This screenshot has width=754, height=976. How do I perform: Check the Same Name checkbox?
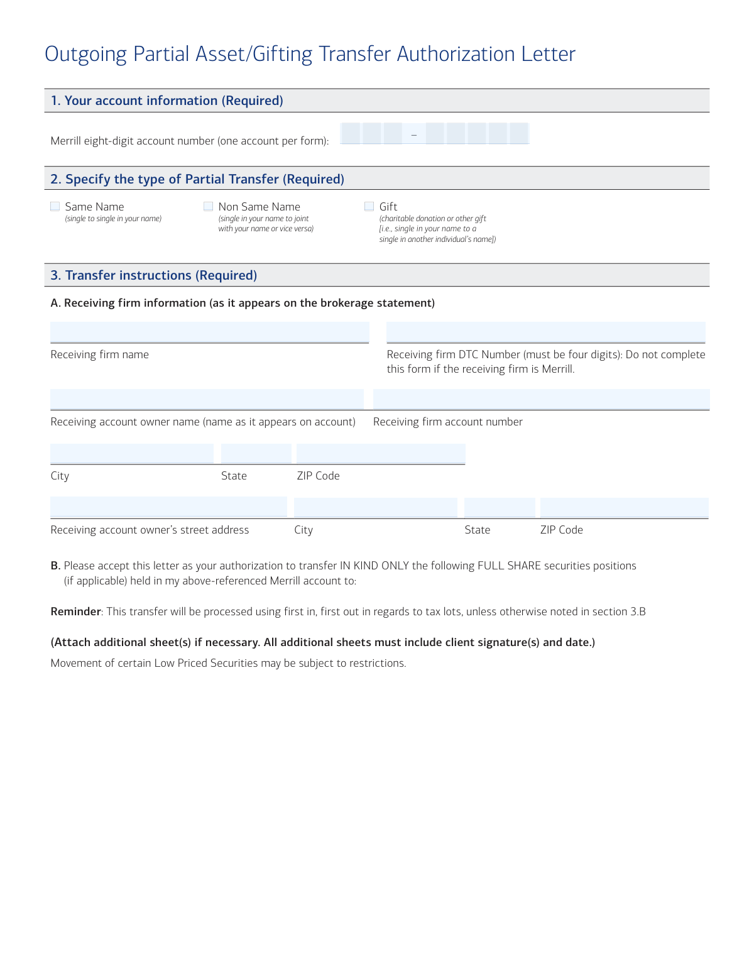(x=55, y=207)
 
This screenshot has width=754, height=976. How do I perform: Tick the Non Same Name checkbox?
(x=208, y=207)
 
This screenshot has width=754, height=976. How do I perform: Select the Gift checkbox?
(x=369, y=207)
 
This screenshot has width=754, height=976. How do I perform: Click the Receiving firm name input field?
(x=209, y=332)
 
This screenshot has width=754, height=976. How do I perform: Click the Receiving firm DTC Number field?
(x=545, y=332)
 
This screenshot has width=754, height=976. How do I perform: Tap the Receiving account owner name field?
(x=207, y=399)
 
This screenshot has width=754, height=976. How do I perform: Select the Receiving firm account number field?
(x=541, y=399)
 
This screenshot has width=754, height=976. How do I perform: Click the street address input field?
(x=168, y=507)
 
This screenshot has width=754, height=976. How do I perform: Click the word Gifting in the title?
(x=282, y=54)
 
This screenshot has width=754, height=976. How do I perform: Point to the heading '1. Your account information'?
(x=167, y=101)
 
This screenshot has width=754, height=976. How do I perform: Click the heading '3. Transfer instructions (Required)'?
(x=153, y=275)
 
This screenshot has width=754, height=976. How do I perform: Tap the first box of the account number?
(x=351, y=133)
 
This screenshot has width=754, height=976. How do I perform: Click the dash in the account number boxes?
(x=413, y=134)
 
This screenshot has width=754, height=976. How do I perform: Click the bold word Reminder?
(x=75, y=611)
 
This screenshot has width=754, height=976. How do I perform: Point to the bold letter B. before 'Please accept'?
(x=55, y=566)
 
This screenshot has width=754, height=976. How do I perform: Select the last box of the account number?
(x=519, y=133)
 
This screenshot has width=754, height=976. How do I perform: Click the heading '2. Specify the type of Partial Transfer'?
(x=197, y=179)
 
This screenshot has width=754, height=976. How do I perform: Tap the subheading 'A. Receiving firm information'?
(x=243, y=303)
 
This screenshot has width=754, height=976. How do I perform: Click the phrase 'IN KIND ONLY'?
(x=374, y=566)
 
